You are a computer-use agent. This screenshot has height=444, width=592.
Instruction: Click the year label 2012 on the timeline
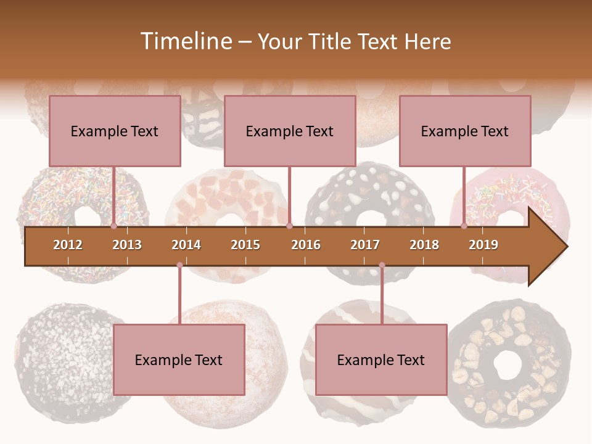(68, 245)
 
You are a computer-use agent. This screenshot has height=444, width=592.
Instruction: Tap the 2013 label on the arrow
(127, 245)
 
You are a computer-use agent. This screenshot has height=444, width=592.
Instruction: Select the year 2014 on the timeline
(186, 245)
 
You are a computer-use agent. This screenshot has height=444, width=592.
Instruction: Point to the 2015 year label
(245, 245)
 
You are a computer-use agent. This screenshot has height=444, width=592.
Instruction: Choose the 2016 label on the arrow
(306, 245)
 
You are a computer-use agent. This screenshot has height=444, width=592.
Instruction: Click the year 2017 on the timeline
(365, 245)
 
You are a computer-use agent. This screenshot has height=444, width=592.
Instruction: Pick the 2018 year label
(424, 245)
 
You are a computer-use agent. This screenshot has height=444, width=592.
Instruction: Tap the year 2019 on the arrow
(483, 245)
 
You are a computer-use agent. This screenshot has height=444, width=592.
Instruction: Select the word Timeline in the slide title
(185, 41)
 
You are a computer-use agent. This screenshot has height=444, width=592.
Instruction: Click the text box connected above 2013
(115, 131)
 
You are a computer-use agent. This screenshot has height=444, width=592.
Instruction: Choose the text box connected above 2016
(290, 131)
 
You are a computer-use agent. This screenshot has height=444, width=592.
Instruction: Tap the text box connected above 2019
(465, 131)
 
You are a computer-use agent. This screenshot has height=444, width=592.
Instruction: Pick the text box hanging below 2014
(179, 360)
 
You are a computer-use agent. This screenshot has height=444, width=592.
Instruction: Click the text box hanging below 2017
(381, 360)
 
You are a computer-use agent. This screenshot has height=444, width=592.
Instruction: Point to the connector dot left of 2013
(114, 226)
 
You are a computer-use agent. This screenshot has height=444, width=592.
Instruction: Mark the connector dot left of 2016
(289, 226)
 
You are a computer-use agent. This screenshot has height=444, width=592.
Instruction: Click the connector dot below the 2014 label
(179, 265)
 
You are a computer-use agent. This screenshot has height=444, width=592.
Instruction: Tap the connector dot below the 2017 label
(382, 265)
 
